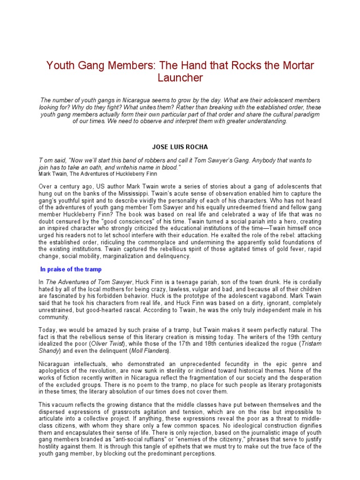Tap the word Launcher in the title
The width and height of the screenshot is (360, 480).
[x=180, y=78]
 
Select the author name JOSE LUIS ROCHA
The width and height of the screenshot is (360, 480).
[x=180, y=147]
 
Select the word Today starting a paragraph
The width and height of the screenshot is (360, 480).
[x=47, y=330]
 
